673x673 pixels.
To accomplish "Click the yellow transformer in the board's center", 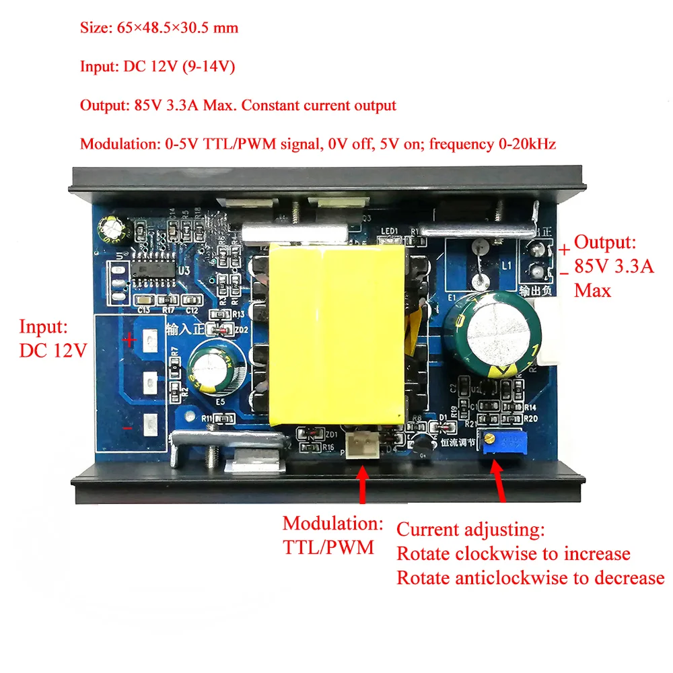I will pyautogui.click(x=336, y=334).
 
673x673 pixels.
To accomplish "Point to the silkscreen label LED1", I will pyautogui.click(x=390, y=232).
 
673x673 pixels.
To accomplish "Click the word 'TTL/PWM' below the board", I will pyautogui.click(x=328, y=547).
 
